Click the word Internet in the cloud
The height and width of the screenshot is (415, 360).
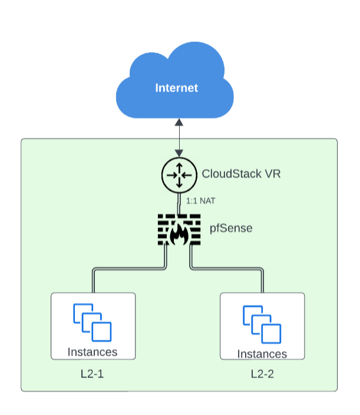176,88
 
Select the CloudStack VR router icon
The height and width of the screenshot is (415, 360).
179,174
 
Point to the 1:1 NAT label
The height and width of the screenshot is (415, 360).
201,201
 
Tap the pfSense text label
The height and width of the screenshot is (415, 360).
232,228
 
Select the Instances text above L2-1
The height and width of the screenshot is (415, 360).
93,352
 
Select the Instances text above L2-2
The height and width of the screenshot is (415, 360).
262,354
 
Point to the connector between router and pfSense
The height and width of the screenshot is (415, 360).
179,203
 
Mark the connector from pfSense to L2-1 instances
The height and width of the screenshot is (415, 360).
118,270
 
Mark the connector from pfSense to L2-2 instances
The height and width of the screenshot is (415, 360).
236,270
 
